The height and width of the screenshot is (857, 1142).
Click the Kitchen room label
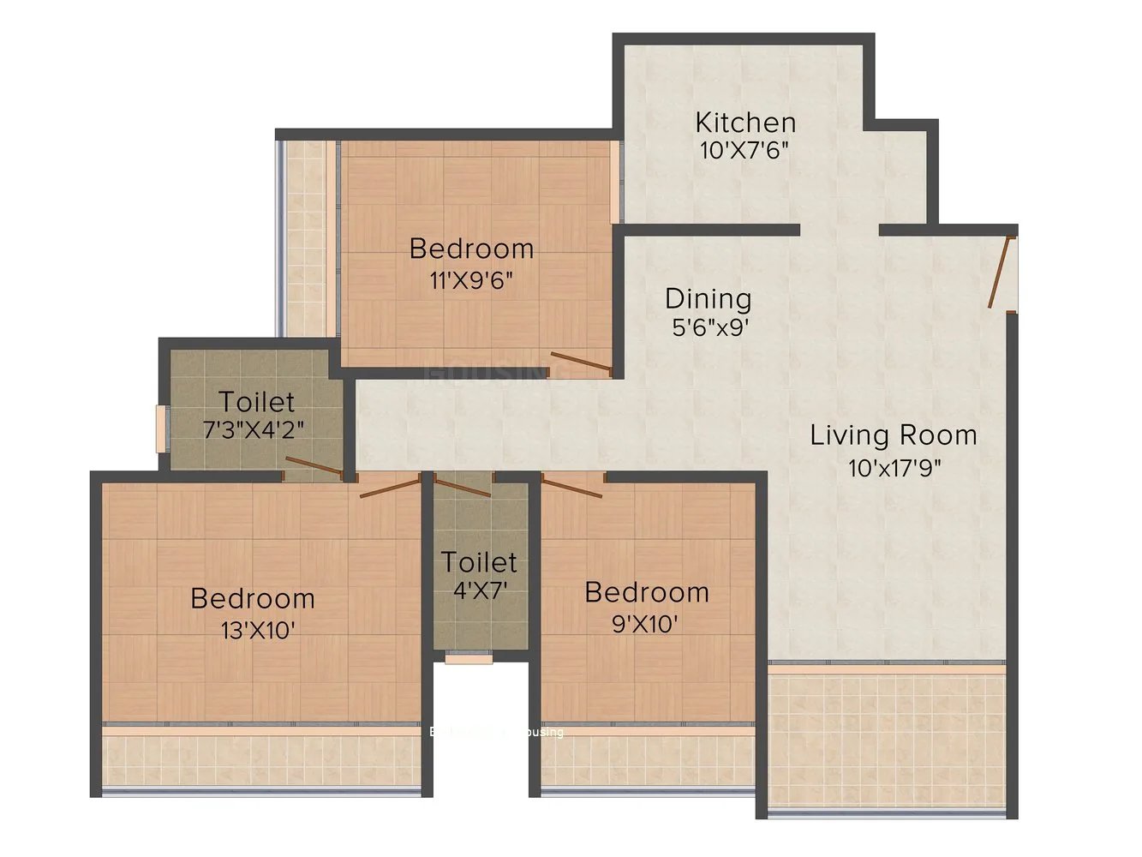[x=745, y=123]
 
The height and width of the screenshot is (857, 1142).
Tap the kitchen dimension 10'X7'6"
[x=744, y=151]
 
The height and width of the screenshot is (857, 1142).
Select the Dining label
[x=708, y=299]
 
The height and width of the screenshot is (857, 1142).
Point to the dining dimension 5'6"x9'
[x=710, y=327]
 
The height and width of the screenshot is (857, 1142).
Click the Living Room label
[x=894, y=435]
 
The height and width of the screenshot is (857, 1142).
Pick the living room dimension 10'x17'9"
[x=894, y=468]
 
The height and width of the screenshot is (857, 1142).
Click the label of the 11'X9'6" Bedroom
[x=471, y=249]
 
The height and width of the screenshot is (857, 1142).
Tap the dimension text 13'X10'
[x=258, y=631]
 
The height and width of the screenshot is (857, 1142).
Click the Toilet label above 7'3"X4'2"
[x=256, y=401]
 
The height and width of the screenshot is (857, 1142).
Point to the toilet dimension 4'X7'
[x=480, y=590]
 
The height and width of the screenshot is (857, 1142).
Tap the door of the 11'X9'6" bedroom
[x=581, y=363]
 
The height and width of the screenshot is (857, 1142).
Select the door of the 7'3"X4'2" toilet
[x=314, y=468]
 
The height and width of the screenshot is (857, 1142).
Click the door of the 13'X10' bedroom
[x=390, y=487]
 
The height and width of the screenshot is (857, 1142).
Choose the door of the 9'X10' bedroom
[x=571, y=487]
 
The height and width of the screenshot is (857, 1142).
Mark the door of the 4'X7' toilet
[x=463, y=487]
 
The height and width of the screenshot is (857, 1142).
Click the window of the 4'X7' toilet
[x=469, y=659]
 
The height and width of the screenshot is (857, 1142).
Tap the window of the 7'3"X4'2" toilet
[x=160, y=428]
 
